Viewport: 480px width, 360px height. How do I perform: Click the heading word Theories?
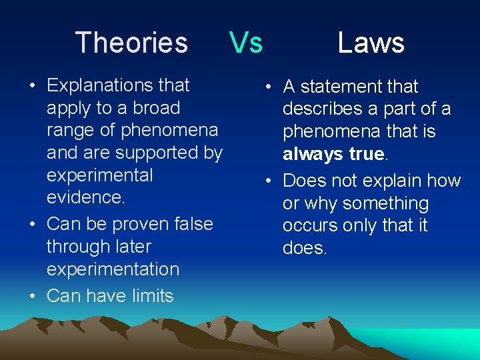click(x=131, y=43)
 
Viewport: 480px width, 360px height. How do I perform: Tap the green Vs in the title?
click(x=246, y=43)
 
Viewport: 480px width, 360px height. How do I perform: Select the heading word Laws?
click(x=371, y=43)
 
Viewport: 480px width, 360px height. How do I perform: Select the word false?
click(x=193, y=224)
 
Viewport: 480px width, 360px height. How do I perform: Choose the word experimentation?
click(x=113, y=269)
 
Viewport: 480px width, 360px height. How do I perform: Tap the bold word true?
click(x=367, y=154)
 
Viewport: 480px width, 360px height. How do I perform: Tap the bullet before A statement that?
click(x=267, y=87)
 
